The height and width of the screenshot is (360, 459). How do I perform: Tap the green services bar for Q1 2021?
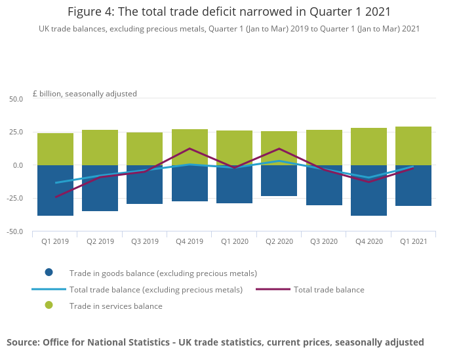point(413,146)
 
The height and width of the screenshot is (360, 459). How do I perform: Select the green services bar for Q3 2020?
point(324,148)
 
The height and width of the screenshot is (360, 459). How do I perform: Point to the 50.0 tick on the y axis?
point(15,99)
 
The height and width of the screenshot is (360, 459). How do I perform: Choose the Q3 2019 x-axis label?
point(145,241)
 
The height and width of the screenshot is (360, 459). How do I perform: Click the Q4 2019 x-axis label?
point(190,241)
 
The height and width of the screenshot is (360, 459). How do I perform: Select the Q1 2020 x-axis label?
point(234,241)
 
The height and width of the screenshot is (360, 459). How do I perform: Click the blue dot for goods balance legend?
point(49,273)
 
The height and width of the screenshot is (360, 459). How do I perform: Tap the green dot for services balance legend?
point(49,306)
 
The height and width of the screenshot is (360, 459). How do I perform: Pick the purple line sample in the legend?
point(273,289)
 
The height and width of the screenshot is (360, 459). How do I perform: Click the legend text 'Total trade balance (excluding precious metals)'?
point(156,289)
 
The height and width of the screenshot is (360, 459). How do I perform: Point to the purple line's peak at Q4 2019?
point(190,149)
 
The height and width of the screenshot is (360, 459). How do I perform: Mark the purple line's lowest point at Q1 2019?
point(55,197)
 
